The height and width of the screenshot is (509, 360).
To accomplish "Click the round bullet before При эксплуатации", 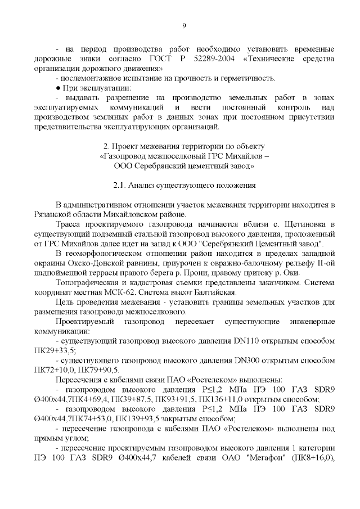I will pos(58,88).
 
